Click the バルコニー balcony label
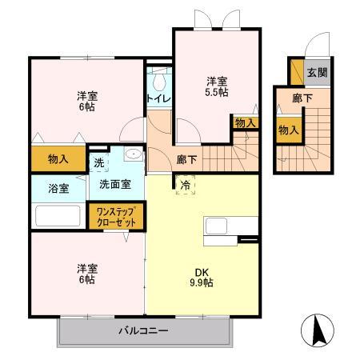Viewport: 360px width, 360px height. coord(143,330)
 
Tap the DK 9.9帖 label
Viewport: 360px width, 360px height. coord(201,275)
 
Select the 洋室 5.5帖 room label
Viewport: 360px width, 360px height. coord(215,86)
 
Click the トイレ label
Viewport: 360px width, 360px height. coord(156,98)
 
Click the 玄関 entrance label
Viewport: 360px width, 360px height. coord(317,72)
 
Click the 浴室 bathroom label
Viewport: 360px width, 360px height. coord(58,189)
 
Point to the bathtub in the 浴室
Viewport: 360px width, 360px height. coord(58,215)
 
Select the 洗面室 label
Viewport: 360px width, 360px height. coord(116,183)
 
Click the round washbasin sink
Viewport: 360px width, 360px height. coord(134,156)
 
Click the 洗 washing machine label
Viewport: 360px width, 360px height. coord(98,163)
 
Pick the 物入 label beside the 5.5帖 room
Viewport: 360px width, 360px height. coord(245,122)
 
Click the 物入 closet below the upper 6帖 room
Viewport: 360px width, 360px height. coord(58,159)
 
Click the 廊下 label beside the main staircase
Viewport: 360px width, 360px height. coord(187,159)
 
